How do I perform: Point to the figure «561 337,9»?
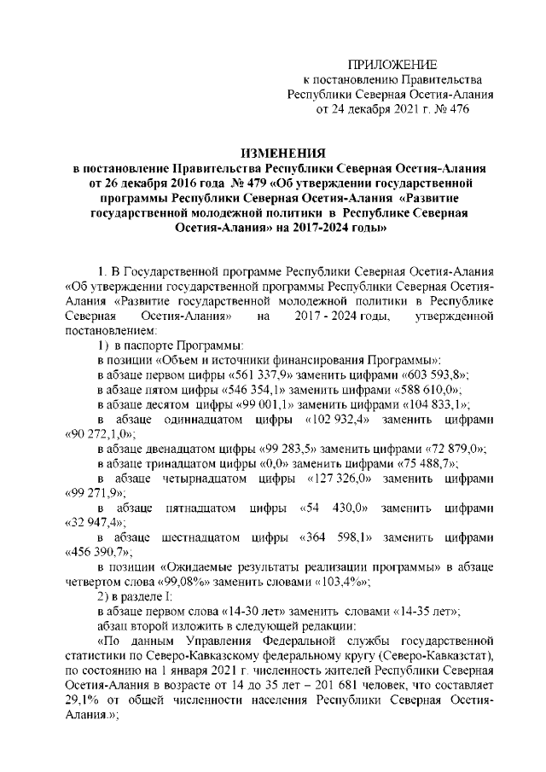pos(259,378)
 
